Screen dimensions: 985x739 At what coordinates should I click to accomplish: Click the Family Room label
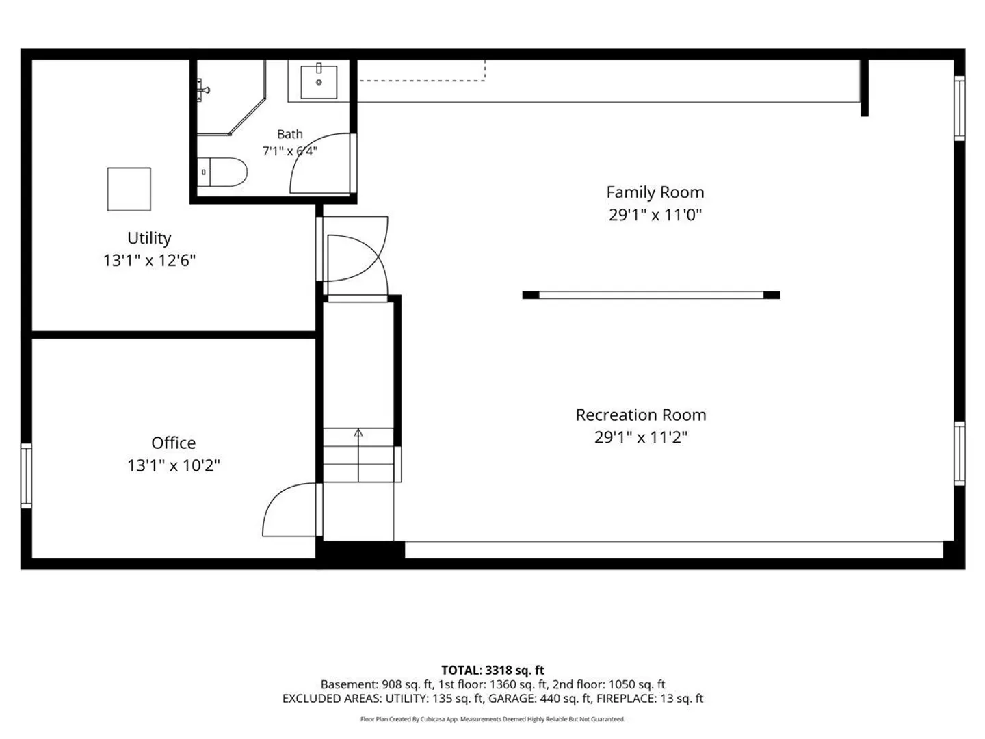[655, 192]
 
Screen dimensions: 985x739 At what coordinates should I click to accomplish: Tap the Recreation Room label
[641, 415]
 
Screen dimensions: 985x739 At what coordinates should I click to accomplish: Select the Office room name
[174, 443]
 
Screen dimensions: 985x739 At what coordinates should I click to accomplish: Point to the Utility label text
[149, 238]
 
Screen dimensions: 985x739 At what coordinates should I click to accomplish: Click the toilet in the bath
[222, 172]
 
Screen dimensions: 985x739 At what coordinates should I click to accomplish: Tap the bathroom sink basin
[319, 81]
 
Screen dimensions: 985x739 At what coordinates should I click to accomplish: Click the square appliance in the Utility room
[129, 189]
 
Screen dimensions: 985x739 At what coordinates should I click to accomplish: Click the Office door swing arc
[274, 500]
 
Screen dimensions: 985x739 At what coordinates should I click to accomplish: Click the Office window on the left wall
[27, 476]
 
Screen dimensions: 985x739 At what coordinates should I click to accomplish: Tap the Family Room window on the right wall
[959, 108]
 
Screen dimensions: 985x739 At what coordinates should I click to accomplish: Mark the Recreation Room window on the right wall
[959, 453]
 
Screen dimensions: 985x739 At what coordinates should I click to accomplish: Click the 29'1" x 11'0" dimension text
[655, 215]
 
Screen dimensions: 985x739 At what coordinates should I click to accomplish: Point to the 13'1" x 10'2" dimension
[174, 465]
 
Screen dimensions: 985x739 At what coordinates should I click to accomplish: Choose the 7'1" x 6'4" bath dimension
[290, 151]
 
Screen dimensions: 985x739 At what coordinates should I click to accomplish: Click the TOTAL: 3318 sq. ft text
[492, 670]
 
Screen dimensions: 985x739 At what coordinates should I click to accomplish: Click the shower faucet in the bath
[203, 90]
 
